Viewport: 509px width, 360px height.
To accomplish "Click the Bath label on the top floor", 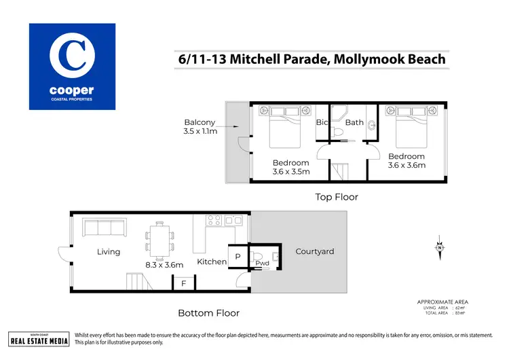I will click(x=354, y=123).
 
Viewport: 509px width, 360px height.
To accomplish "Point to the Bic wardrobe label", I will click(x=322, y=123).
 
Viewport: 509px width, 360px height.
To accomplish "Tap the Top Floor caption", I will click(x=336, y=197).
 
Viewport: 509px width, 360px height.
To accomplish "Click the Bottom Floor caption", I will click(x=208, y=313).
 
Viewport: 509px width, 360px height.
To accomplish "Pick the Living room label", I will click(x=109, y=252).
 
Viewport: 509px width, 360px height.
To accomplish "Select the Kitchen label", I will click(x=212, y=262).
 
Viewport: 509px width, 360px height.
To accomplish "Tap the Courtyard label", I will click(x=315, y=252).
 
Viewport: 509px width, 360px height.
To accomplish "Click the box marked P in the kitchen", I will click(x=238, y=257).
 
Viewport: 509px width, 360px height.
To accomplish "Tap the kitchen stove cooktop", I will click(x=214, y=221).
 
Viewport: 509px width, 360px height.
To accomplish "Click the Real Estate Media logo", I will click(x=39, y=339).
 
